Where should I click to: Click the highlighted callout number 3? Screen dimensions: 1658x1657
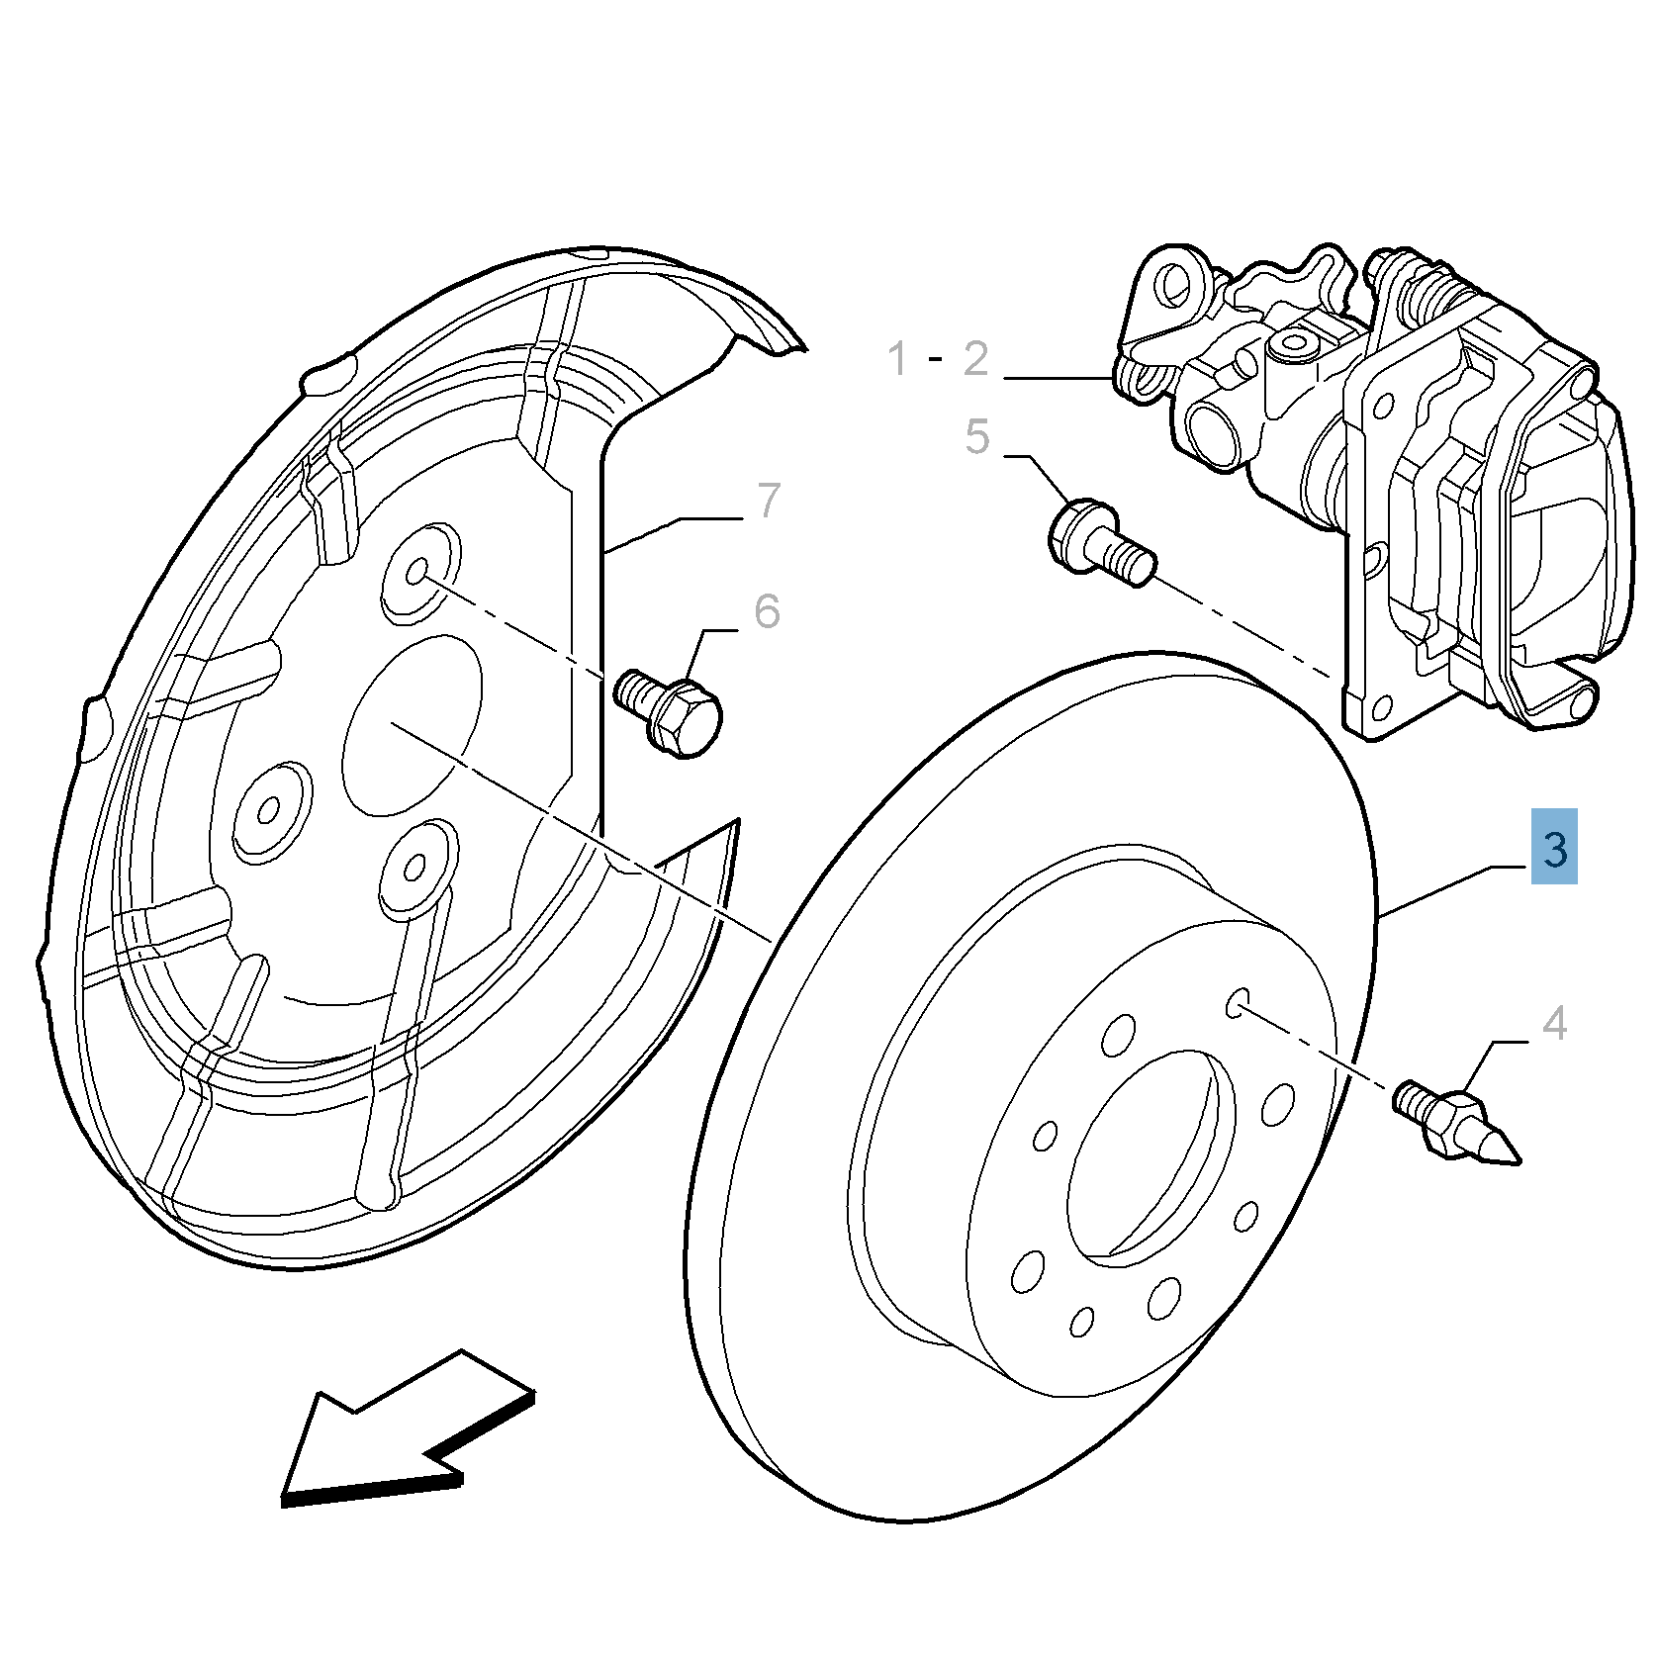1553,848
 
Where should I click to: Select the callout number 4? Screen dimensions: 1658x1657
1554,1023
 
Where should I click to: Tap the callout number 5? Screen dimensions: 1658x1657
976,436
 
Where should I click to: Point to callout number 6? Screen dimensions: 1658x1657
767,610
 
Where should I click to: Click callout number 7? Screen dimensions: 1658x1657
769,500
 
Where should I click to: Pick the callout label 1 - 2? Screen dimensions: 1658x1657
937,358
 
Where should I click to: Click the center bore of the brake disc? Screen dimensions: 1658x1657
1148,1157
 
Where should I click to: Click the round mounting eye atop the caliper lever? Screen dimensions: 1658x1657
1175,285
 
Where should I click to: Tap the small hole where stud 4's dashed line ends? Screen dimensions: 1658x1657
1238,1003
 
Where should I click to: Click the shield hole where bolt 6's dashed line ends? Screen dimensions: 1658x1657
416,571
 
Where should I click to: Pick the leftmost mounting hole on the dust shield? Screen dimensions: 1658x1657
269,811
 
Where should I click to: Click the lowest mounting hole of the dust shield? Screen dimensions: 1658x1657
414,868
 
